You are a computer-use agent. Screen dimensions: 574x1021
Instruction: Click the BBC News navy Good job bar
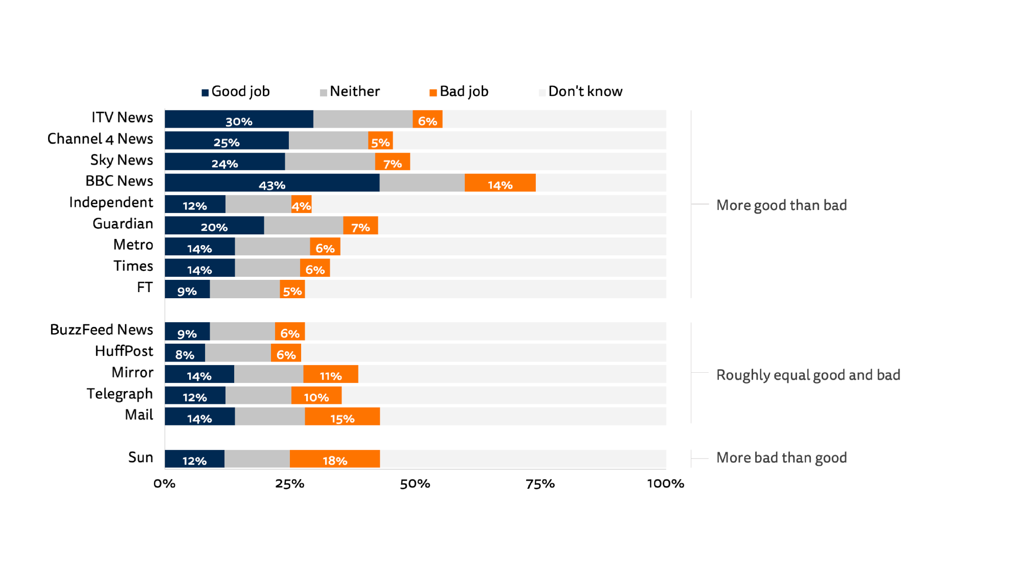click(x=272, y=183)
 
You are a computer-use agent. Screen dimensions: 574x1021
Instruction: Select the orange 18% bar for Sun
click(x=334, y=459)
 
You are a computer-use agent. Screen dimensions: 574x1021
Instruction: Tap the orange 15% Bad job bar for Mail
click(x=342, y=417)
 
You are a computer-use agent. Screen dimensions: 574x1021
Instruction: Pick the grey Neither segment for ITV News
click(x=362, y=119)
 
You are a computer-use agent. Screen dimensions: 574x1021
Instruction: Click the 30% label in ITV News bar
click(x=239, y=122)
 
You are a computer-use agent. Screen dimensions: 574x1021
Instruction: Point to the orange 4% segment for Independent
click(x=301, y=204)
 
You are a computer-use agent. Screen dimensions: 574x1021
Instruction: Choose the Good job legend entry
click(x=236, y=91)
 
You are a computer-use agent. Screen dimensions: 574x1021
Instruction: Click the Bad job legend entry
click(x=459, y=91)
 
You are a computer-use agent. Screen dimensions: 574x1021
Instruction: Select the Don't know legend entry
click(x=581, y=91)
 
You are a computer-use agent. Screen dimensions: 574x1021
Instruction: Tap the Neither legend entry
click(x=350, y=91)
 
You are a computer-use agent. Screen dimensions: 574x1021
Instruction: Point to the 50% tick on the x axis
click(x=415, y=484)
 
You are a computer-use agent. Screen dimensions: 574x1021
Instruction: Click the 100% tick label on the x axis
click(x=665, y=484)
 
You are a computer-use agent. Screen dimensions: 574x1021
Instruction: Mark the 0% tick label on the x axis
click(x=165, y=484)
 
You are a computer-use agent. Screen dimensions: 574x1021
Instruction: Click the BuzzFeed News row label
click(x=101, y=330)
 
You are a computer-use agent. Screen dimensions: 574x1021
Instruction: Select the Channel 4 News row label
click(x=100, y=139)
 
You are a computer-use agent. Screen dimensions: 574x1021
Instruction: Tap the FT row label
click(x=145, y=288)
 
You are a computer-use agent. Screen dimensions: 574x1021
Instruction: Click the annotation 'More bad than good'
click(x=781, y=458)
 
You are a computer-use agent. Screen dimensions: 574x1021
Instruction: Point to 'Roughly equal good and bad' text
click(x=808, y=375)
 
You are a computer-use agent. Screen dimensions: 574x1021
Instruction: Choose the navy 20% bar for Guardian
click(x=214, y=226)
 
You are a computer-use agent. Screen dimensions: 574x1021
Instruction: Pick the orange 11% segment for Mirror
click(x=330, y=374)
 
